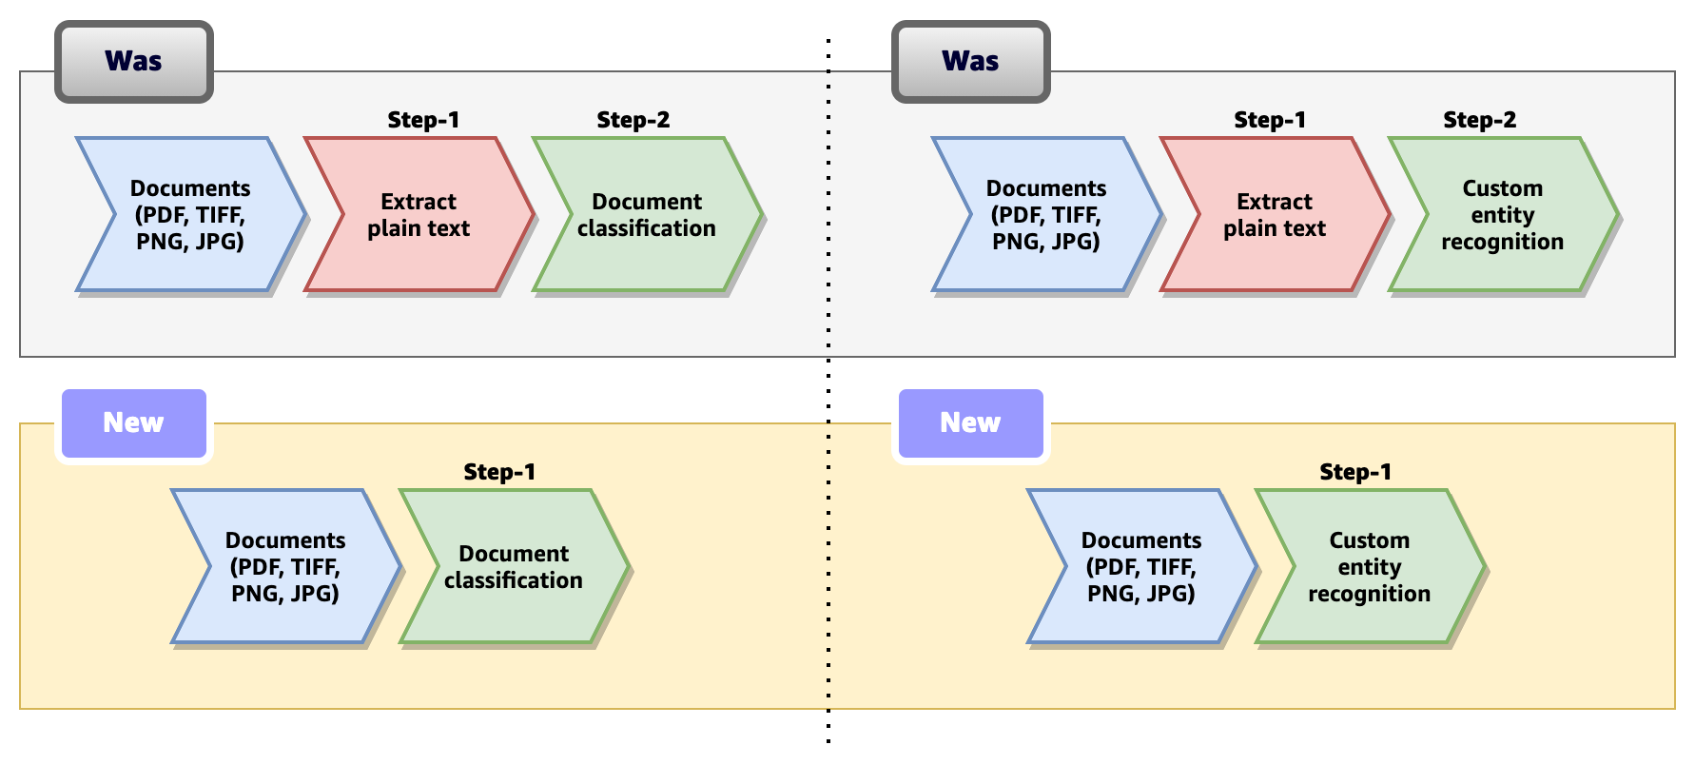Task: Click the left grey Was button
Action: pyautogui.click(x=133, y=62)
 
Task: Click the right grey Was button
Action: pyautogui.click(x=970, y=62)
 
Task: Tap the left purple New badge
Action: pyautogui.click(x=133, y=423)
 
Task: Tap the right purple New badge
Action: pyautogui.click(x=970, y=423)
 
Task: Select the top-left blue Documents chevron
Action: pyautogui.click(x=190, y=215)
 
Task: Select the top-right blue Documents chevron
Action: pyautogui.click(x=1046, y=215)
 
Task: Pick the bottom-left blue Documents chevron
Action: pyautogui.click(x=285, y=567)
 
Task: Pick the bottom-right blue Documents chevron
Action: pyautogui.click(x=1141, y=567)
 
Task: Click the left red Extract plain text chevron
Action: pyautogui.click(x=419, y=215)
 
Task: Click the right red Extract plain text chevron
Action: pyautogui.click(x=1275, y=215)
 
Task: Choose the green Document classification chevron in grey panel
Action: pyautogui.click(x=647, y=215)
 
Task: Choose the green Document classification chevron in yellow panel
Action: pyautogui.click(x=514, y=567)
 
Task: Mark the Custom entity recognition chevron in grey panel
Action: pyautogui.click(x=1502, y=215)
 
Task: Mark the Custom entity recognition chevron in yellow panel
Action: pyautogui.click(x=1369, y=567)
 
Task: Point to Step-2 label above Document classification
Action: pyautogui.click(x=633, y=120)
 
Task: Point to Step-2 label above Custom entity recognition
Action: pyautogui.click(x=1479, y=120)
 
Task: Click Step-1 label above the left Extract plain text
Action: pyautogui.click(x=423, y=120)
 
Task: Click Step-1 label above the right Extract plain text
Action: pyautogui.click(x=1270, y=120)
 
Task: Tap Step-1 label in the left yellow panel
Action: pyautogui.click(x=499, y=472)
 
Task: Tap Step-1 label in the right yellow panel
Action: pyautogui.click(x=1355, y=472)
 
